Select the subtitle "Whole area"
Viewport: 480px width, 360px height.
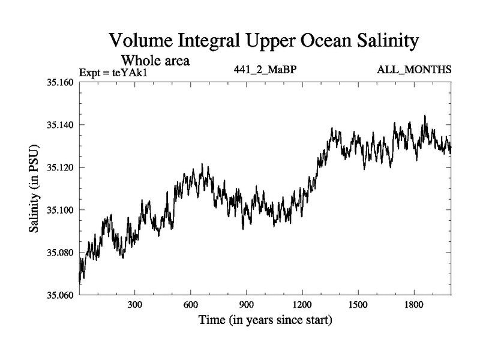pyautogui.click(x=156, y=60)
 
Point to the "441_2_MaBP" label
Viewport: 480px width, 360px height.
pyautogui.click(x=265, y=70)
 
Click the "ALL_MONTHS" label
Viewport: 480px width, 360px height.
pyautogui.click(x=414, y=70)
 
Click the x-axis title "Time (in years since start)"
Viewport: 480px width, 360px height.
pyautogui.click(x=265, y=320)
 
